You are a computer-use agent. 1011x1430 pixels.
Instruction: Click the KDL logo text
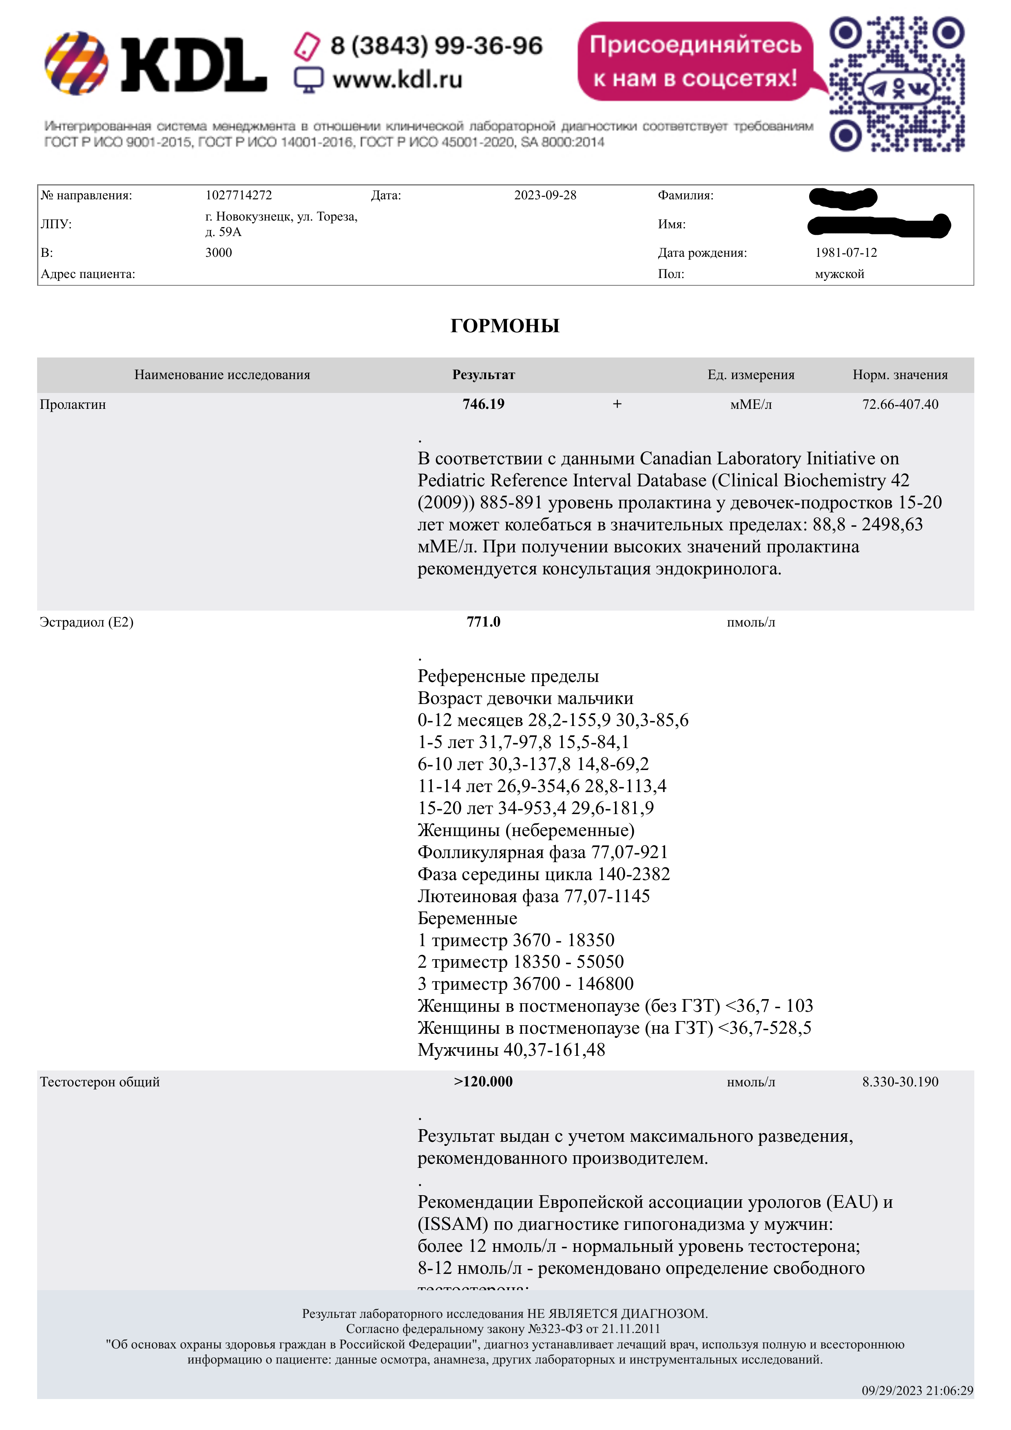pos(193,64)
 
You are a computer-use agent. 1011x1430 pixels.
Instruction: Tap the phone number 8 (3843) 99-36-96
pos(436,46)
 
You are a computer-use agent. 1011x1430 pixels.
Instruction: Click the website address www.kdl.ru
pos(397,80)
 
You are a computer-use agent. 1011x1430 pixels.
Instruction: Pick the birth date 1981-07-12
pos(845,252)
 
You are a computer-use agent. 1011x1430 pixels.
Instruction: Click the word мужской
pos(839,274)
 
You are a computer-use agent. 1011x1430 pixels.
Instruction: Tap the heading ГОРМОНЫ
pos(504,326)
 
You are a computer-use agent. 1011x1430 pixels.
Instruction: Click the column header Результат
pos(483,375)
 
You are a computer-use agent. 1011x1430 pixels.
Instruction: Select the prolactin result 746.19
pos(483,404)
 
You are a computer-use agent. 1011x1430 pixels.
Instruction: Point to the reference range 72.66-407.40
pos(900,404)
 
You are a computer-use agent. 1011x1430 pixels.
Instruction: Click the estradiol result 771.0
pos(483,622)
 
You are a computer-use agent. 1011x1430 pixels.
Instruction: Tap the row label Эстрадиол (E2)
pos(86,622)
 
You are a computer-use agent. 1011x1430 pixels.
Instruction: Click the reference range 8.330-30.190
pos(900,1082)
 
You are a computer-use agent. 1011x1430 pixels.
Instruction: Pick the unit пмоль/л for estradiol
pos(751,622)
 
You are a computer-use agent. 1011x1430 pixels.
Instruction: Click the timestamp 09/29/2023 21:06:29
pos(917,1391)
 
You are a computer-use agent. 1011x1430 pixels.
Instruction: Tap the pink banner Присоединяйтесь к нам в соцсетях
pos(695,61)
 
